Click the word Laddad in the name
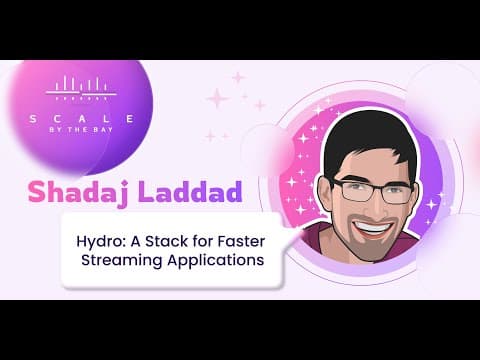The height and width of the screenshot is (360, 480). [190, 192]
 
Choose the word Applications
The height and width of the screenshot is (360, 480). [216, 260]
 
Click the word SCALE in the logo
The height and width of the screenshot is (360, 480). [82, 119]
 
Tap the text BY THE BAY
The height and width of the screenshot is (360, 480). [81, 129]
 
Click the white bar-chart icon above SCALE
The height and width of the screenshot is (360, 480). [81, 88]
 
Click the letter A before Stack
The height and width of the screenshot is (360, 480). [136, 241]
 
